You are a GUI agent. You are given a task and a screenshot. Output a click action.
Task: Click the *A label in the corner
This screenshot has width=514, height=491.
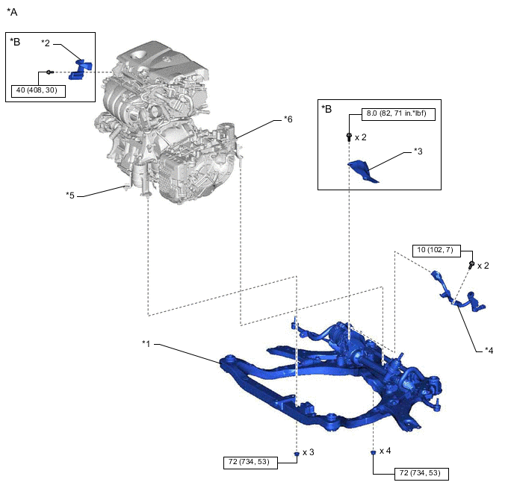click(12, 13)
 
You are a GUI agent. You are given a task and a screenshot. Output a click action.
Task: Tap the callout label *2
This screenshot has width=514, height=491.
click(46, 43)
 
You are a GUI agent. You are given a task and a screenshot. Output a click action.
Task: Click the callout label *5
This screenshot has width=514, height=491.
click(70, 196)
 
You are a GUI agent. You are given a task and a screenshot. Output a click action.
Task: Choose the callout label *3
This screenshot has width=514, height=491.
click(418, 151)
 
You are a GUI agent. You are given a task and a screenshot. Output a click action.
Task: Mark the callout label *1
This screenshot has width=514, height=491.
click(146, 344)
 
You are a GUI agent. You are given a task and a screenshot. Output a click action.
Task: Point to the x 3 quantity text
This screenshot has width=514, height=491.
click(309, 453)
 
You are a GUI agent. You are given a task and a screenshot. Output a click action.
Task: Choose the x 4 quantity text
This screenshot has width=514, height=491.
click(385, 451)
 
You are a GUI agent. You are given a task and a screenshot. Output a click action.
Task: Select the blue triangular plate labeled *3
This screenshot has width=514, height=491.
click(365, 171)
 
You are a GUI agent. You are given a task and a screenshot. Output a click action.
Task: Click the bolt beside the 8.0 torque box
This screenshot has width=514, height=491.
click(349, 137)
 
